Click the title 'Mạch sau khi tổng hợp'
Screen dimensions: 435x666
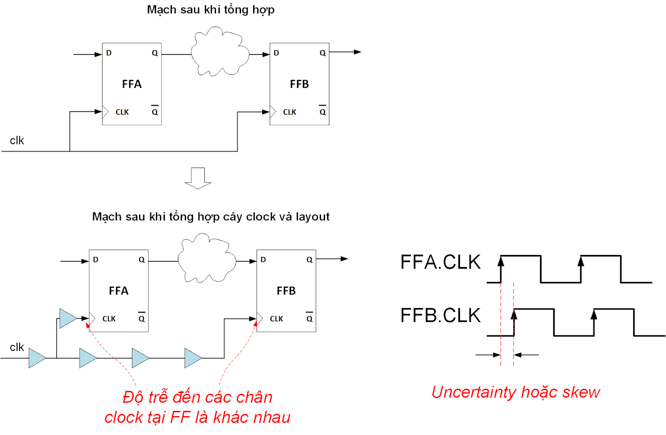click(x=211, y=10)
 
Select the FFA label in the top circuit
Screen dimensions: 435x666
click(x=132, y=84)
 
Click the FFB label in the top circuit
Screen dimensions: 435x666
click(x=299, y=84)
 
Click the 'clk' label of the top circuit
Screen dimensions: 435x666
click(x=17, y=141)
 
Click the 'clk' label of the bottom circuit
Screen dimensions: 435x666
click(x=17, y=347)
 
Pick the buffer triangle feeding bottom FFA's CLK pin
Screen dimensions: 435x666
click(x=67, y=319)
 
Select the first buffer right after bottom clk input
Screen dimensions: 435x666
click(x=36, y=358)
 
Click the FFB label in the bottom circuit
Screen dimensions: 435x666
click(x=286, y=291)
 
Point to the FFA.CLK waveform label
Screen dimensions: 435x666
click(x=440, y=262)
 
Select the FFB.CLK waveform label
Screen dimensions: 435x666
click(x=440, y=316)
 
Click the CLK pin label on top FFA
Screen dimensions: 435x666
click(x=122, y=112)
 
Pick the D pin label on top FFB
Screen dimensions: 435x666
click(x=276, y=53)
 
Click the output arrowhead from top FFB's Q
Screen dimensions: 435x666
click(x=358, y=52)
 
